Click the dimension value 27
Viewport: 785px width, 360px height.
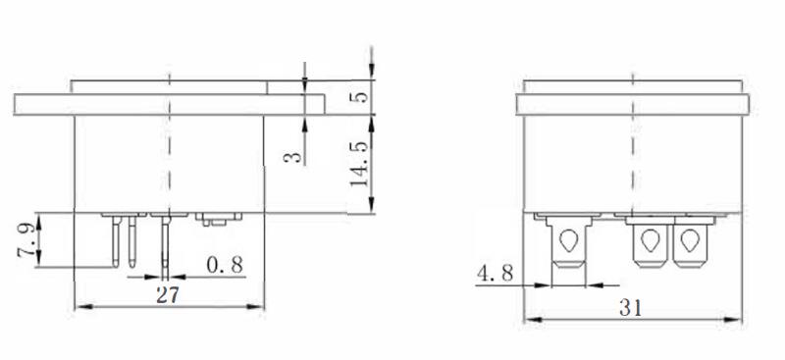click(x=167, y=295)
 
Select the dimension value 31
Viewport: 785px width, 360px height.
click(x=630, y=308)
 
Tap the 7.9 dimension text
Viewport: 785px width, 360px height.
click(x=26, y=240)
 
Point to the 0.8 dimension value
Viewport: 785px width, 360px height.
click(x=225, y=265)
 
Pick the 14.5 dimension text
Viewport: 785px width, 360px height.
click(x=359, y=164)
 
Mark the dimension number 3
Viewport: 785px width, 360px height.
click(x=292, y=158)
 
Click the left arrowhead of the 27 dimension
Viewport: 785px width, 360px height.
click(x=82, y=306)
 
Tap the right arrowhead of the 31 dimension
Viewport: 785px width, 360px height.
click(x=733, y=320)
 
